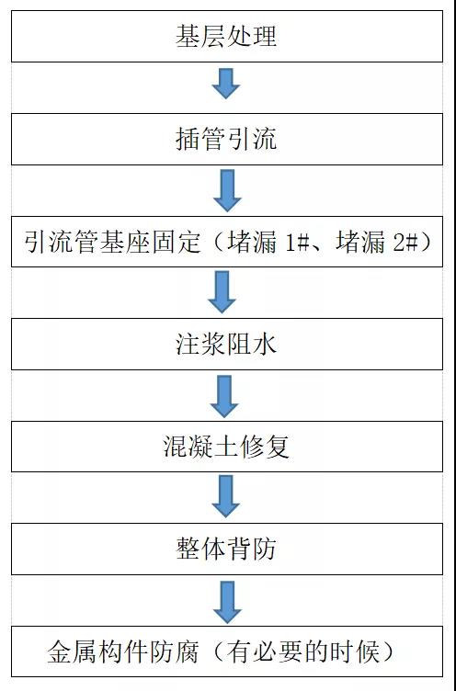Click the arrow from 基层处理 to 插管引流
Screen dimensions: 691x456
coord(226,86)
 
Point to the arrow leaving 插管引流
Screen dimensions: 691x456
coord(226,190)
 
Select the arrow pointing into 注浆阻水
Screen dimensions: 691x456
coord(226,292)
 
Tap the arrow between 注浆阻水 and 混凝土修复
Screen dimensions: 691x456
coord(226,395)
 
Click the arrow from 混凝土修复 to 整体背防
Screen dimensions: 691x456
coord(226,498)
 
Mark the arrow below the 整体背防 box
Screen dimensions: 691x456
coord(226,601)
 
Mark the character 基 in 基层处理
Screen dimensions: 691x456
coord(188,37)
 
